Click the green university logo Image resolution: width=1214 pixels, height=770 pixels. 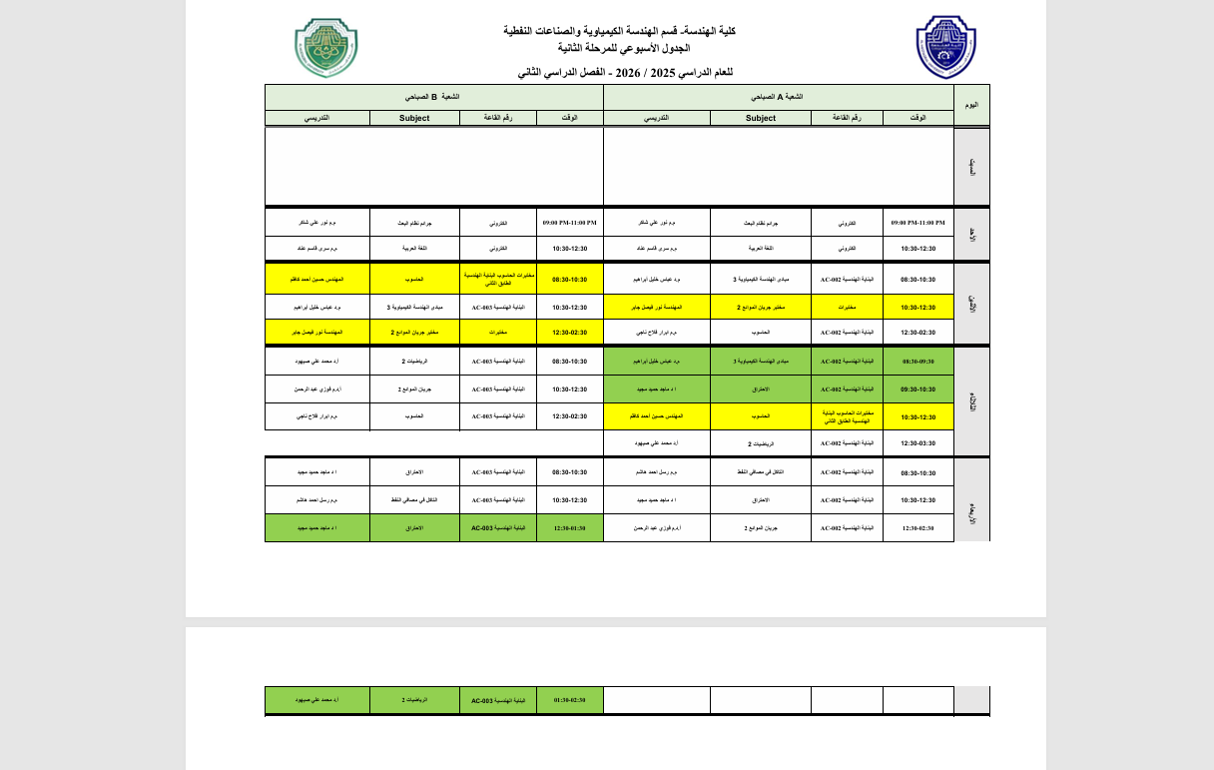click(x=325, y=48)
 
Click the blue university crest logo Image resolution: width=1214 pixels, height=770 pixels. click(x=944, y=48)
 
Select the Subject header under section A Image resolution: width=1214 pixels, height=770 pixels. click(x=760, y=118)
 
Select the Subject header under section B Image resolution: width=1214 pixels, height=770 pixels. click(x=413, y=118)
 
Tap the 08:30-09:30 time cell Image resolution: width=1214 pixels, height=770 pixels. click(x=918, y=362)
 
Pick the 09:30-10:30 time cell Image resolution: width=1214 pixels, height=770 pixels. click(x=918, y=389)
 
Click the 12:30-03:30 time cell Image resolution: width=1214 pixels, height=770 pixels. click(x=918, y=443)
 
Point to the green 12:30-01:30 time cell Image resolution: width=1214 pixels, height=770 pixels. click(x=569, y=527)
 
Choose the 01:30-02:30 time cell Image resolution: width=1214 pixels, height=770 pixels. click(x=569, y=701)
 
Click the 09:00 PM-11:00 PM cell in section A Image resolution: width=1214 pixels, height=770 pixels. click(x=918, y=223)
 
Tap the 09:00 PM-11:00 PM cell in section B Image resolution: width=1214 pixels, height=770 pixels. click(x=569, y=223)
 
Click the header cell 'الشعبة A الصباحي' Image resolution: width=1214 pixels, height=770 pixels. click(x=779, y=97)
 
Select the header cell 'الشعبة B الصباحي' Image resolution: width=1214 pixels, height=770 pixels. click(x=433, y=97)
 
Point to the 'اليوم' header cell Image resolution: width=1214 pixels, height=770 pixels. click(x=971, y=105)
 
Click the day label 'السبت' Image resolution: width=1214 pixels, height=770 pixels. click(x=971, y=167)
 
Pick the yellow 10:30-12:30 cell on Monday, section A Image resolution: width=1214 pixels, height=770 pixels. click(x=918, y=308)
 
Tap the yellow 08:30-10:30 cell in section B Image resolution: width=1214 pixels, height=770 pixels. click(x=569, y=280)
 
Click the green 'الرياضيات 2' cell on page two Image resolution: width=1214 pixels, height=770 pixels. click(x=413, y=701)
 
